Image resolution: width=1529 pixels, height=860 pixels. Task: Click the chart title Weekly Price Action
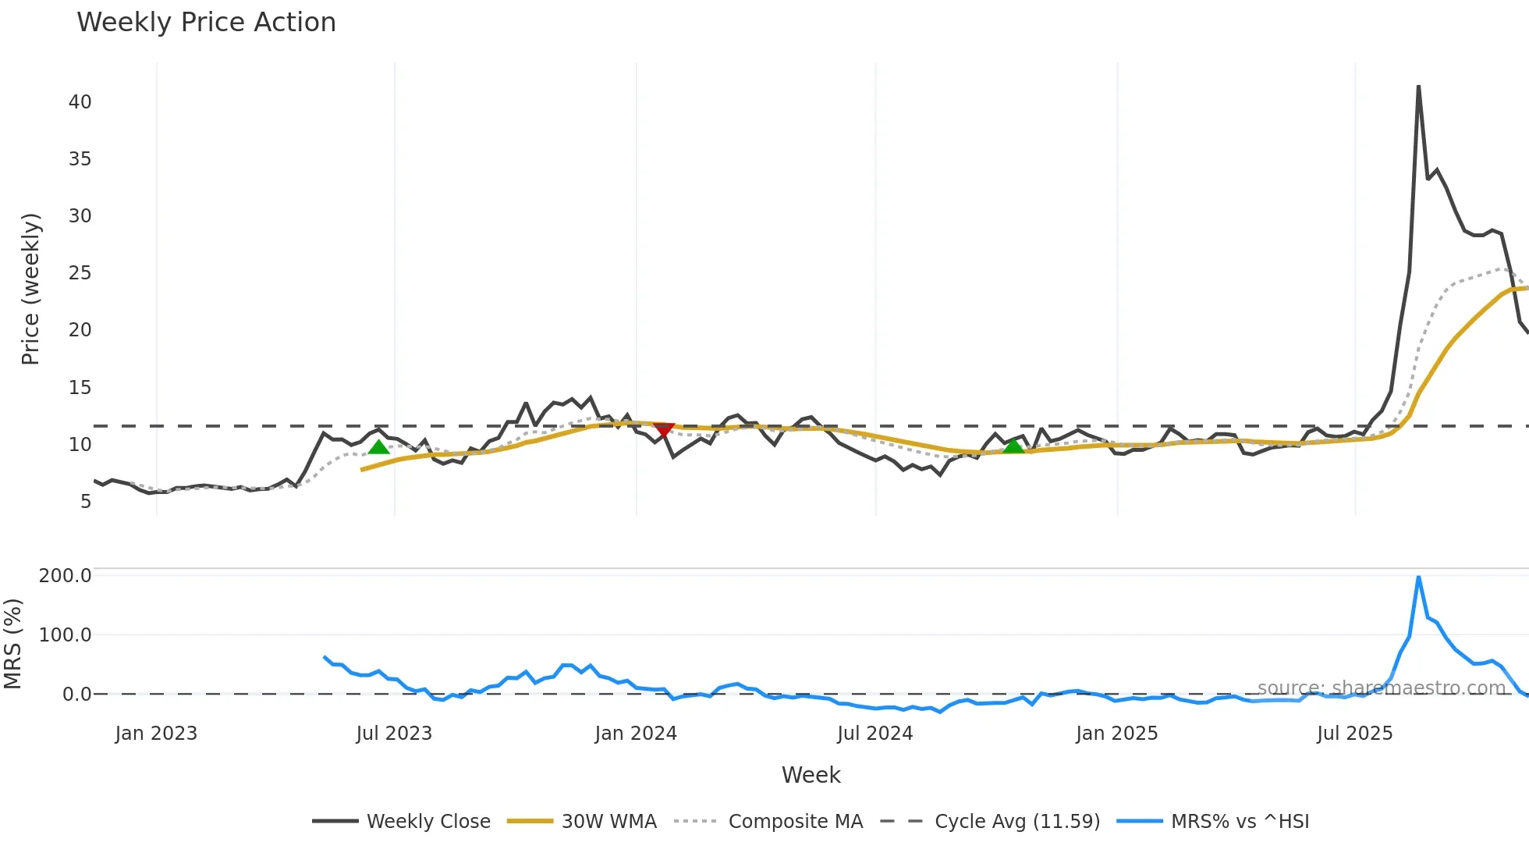coord(206,23)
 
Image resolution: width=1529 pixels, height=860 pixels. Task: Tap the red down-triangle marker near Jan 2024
coord(663,429)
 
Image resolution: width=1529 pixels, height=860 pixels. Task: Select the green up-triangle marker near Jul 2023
coord(378,446)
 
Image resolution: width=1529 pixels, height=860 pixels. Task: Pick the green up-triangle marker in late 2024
coord(1013,446)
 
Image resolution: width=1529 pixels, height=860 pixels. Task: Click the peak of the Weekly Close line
coord(1418,87)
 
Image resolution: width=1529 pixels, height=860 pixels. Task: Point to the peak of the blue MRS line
coord(1418,577)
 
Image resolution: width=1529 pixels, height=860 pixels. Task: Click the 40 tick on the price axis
coord(80,102)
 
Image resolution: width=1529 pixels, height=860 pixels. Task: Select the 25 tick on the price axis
coord(80,273)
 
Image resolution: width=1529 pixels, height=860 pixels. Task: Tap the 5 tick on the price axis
coord(86,502)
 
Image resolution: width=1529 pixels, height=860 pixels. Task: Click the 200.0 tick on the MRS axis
coord(65,576)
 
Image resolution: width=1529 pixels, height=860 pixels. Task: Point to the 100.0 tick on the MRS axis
coord(65,635)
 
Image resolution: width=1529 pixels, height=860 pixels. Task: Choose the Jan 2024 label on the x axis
coord(635,734)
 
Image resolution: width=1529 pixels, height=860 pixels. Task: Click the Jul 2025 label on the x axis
coord(1354,734)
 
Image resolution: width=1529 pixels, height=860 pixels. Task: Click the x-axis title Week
coord(811,775)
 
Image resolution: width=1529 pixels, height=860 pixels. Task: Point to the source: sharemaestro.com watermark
coord(1381,688)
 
